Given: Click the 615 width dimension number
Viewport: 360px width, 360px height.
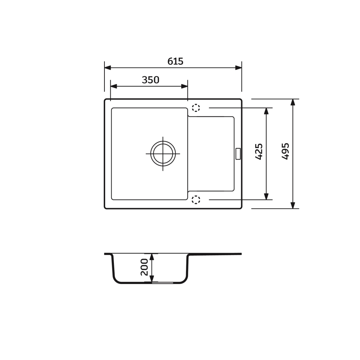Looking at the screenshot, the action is pyautogui.click(x=175, y=61).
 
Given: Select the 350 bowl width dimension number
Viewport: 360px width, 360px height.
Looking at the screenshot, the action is pyautogui.click(x=150, y=80).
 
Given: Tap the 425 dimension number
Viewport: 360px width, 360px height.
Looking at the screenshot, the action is pyautogui.click(x=259, y=152).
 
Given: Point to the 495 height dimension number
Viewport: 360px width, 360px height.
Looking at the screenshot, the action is pyautogui.click(x=285, y=151).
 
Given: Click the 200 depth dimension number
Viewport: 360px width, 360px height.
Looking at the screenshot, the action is pyautogui.click(x=144, y=267).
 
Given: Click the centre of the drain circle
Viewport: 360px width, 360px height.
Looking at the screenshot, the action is pyautogui.click(x=163, y=154).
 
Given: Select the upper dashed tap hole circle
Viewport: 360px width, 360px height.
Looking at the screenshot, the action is pyautogui.click(x=196, y=108).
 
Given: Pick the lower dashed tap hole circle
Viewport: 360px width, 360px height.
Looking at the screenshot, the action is pyautogui.click(x=196, y=200).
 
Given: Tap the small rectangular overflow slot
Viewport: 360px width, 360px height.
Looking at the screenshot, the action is pyautogui.click(x=238, y=154).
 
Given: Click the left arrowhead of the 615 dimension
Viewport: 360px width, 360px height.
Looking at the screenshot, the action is pyautogui.click(x=108, y=68).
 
